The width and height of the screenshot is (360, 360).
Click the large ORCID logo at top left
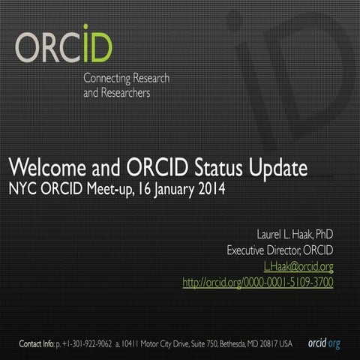[63, 46]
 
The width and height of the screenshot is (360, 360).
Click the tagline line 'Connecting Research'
[126, 79]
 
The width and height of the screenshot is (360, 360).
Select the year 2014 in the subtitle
[209, 187]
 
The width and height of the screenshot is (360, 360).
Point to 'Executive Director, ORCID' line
[280, 250]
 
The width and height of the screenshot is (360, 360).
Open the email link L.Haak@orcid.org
[298, 266]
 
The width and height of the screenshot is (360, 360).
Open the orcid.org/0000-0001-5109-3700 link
[257, 283]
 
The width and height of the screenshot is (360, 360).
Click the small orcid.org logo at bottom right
[324, 343]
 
